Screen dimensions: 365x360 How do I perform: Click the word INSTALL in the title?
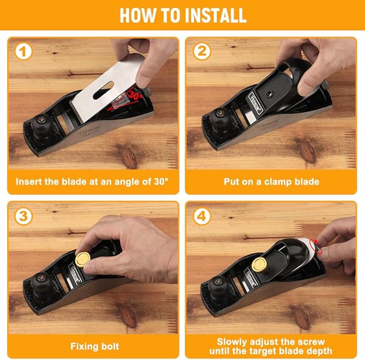tap(215, 16)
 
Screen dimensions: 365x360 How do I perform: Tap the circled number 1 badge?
tap(23, 52)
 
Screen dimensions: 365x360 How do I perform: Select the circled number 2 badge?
tap(202, 51)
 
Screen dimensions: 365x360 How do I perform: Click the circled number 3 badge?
tap(23, 216)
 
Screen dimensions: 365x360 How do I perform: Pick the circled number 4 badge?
tap(202, 216)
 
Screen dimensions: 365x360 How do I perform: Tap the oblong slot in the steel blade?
tap(103, 90)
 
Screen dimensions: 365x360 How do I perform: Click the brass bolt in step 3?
tap(82, 259)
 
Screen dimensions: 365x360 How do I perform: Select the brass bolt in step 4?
tap(259, 264)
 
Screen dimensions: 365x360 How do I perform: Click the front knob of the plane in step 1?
tap(41, 123)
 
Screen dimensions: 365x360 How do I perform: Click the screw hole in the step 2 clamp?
tap(269, 94)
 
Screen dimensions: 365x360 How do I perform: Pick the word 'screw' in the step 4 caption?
tap(311, 342)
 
